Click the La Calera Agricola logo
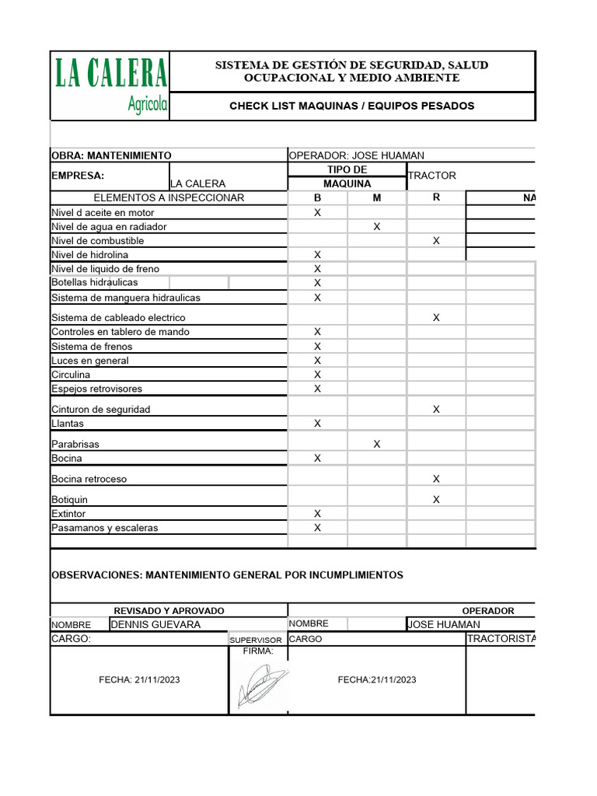(110, 86)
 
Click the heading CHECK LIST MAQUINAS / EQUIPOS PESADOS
(351, 106)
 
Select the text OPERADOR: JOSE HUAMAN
(356, 155)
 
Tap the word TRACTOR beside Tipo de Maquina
(432, 176)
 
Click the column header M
(377, 197)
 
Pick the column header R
(436, 197)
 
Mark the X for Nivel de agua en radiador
(377, 226)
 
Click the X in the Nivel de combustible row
(436, 241)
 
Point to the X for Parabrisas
(377, 444)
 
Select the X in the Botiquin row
(436, 500)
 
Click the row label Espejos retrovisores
(96, 389)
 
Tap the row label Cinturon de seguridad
(100, 409)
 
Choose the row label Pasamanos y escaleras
(104, 528)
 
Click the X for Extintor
(317, 514)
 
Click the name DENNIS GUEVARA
(156, 624)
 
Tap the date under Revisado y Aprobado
(139, 679)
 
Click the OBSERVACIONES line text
(227, 575)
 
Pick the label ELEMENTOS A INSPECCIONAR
(169, 197)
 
